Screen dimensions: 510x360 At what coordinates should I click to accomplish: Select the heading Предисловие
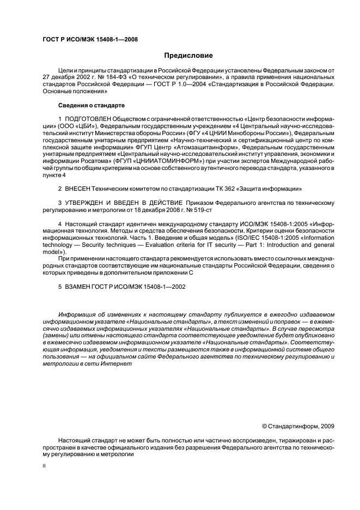tap(189, 56)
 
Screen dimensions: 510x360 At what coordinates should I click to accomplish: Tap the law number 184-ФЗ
tap(123, 78)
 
